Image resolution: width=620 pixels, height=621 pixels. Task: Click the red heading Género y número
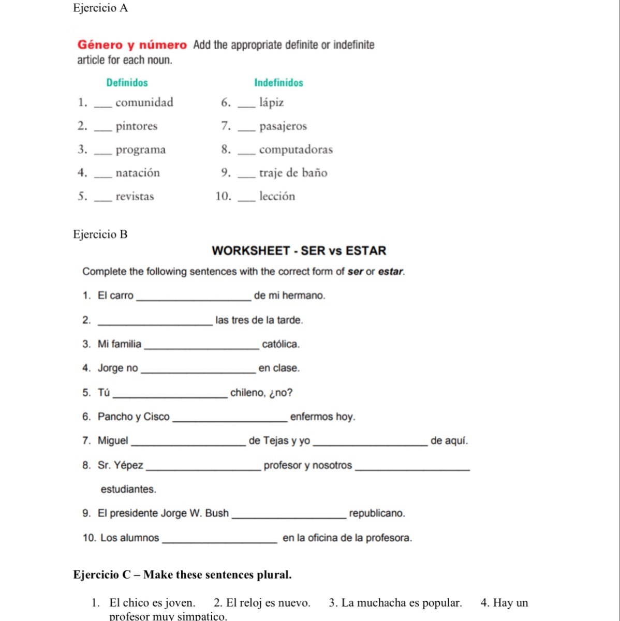132,45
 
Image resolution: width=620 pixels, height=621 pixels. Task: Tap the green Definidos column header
127,83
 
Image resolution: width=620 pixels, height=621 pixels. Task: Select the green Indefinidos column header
278,83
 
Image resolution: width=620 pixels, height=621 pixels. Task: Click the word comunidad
144,102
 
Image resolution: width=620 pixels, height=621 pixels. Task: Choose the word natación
138,173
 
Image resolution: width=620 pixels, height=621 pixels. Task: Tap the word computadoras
296,150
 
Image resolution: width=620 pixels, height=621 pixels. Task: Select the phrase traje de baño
293,173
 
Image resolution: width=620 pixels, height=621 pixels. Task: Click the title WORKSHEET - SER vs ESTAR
299,251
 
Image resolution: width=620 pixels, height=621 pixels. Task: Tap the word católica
281,344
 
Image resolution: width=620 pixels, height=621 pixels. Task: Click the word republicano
377,513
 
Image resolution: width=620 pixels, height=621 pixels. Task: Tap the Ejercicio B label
100,234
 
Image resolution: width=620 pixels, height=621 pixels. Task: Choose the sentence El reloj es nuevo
262,603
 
